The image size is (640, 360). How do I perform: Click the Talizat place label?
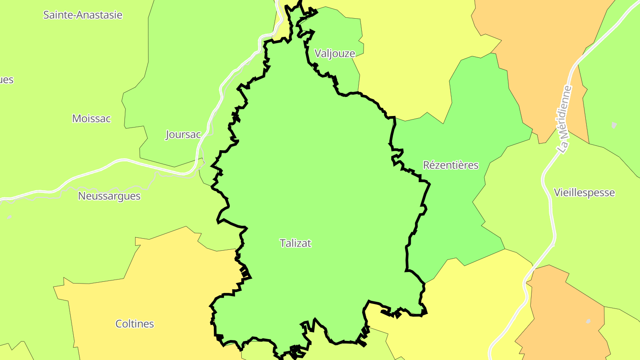[x=296, y=243]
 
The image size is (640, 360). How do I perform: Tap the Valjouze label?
[x=335, y=54]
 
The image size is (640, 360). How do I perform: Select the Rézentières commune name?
[x=451, y=165]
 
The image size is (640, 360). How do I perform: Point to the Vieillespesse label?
[x=584, y=193]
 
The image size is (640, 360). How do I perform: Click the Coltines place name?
[x=135, y=324]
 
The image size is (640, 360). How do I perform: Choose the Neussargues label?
[x=109, y=196]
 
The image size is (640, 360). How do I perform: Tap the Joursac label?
[x=183, y=135]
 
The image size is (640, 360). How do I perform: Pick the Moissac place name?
[x=91, y=119]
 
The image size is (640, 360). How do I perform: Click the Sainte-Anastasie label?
[x=83, y=15]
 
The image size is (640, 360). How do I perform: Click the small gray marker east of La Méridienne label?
[x=614, y=125]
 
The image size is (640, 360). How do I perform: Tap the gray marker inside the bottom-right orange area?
[x=588, y=321]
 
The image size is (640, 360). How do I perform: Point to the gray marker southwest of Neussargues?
[x=9, y=217]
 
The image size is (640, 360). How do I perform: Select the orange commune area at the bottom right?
[x=564, y=311]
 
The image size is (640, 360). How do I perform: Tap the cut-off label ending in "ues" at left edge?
[x=7, y=80]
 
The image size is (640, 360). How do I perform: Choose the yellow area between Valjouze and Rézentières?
[x=409, y=67]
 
